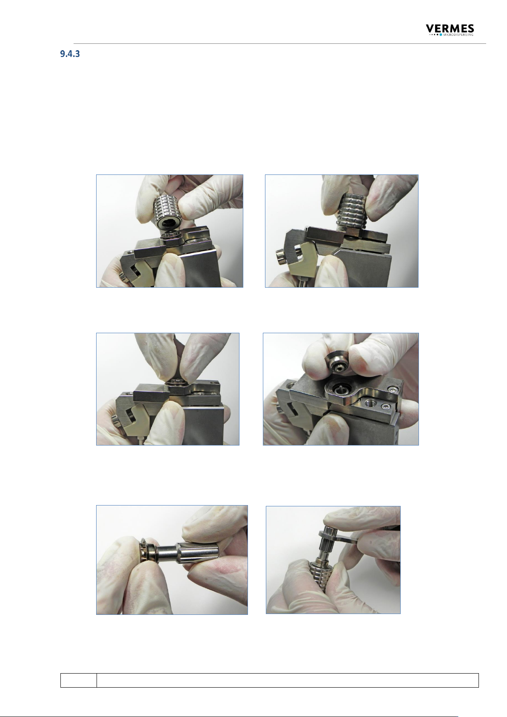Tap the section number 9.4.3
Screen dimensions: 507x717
coord(70,54)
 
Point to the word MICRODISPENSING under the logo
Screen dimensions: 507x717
coord(458,34)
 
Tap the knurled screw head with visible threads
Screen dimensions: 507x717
coord(282,256)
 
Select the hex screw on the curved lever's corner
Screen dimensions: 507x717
coord(393,389)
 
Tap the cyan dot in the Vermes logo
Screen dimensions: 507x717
coord(441,34)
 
